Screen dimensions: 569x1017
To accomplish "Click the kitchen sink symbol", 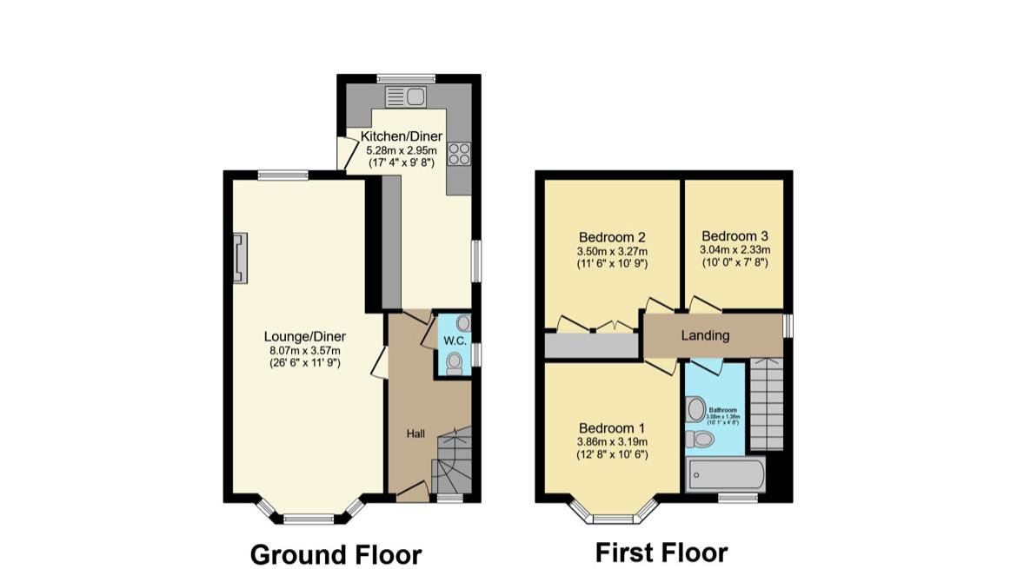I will pos(404,96).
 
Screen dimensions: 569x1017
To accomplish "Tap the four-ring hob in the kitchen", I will pos(458,154).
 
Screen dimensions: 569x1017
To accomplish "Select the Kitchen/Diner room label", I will pos(402,136).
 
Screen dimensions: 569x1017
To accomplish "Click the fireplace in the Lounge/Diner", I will pos(238,258).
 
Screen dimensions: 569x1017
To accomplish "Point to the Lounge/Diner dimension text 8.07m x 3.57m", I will pos(304,351).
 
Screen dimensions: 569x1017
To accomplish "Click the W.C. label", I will pos(455,341).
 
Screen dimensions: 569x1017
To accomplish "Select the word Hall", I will pos(416,433).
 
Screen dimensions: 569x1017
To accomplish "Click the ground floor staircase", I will pos(452,460).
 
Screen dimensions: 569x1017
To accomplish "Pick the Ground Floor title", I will pos(336,554).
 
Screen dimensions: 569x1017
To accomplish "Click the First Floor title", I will pos(661,552).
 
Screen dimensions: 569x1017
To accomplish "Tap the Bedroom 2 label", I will pos(612,236).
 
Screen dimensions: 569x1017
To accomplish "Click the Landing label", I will pos(705,335).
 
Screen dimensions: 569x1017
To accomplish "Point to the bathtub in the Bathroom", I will pos(726,475).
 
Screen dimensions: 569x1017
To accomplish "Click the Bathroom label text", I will pos(722,409).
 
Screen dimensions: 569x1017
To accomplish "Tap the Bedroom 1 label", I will pos(612,428).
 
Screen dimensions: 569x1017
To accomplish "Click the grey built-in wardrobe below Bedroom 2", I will pos(592,345).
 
